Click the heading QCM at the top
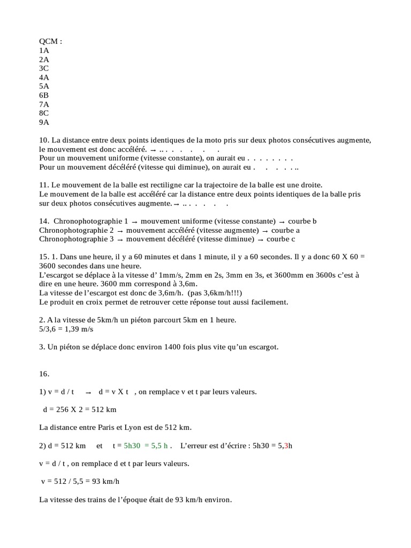(x=50, y=41)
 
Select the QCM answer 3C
(x=44, y=68)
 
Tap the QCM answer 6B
(x=44, y=95)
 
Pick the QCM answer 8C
(x=44, y=113)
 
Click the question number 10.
(x=44, y=140)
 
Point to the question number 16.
(x=44, y=374)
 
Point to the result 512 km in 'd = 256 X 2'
(x=104, y=409)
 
